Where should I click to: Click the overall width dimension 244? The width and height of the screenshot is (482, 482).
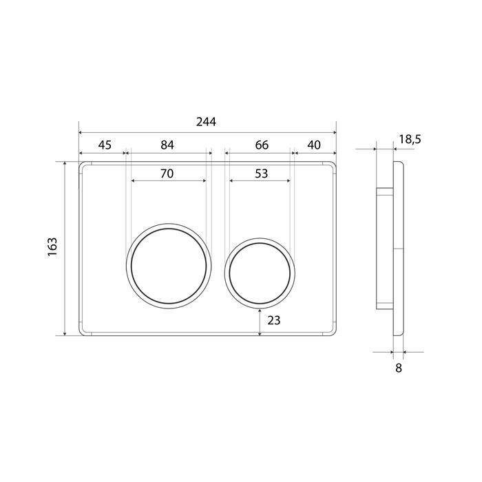(x=206, y=122)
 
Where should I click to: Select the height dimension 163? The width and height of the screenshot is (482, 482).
(x=52, y=247)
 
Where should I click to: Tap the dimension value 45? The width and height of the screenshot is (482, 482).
(x=105, y=145)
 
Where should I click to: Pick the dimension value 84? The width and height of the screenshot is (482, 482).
(x=167, y=145)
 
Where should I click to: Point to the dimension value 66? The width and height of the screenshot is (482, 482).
(x=262, y=145)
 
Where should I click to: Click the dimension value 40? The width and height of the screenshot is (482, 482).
(x=314, y=145)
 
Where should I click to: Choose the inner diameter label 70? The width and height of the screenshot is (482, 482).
(x=167, y=174)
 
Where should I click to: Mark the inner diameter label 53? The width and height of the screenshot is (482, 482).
(x=261, y=174)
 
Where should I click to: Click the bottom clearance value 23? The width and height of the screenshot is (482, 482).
(x=273, y=321)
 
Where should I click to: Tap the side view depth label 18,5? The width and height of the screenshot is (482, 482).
(x=410, y=140)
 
